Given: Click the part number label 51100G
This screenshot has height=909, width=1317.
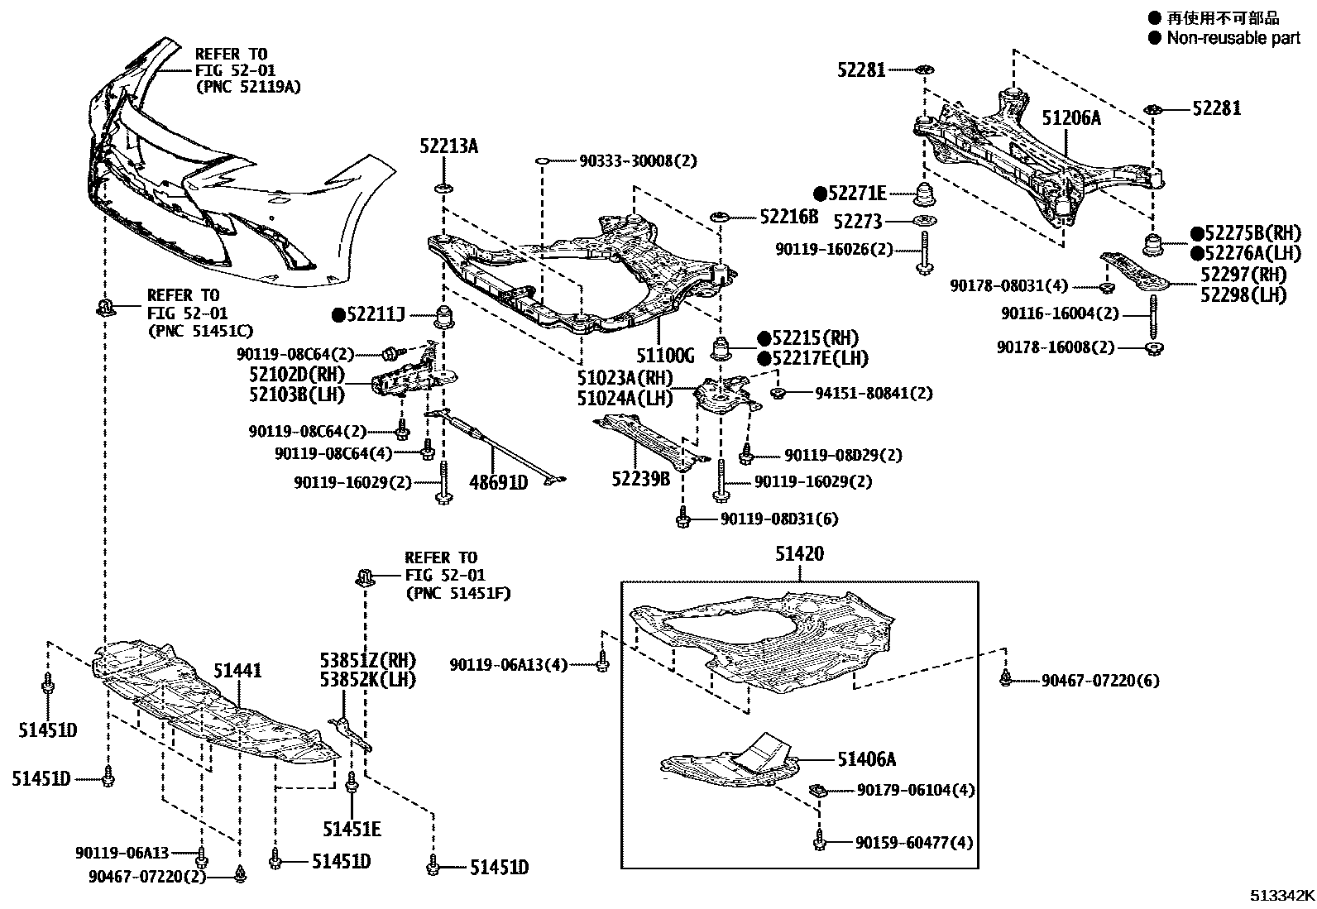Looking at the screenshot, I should point(665,356).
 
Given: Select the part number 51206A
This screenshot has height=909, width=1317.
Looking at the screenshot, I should point(1071,118).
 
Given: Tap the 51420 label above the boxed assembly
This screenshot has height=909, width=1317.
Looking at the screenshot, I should point(799,555).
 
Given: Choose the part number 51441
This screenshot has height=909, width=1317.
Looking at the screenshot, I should point(237,670).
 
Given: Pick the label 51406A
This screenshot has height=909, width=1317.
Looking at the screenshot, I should point(866,759).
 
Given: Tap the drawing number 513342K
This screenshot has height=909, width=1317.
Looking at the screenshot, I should point(1281,896).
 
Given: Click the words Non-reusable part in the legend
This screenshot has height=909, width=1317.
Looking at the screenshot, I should point(1233,38).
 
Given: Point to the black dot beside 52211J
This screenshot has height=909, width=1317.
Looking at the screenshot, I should point(338,314).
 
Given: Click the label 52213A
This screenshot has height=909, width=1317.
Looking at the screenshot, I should point(448,147).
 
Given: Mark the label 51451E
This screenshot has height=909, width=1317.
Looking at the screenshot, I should point(352,829).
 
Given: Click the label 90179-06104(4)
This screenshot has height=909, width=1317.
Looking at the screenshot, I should point(916,791).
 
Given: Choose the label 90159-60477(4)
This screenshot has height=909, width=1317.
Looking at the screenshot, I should point(914,843).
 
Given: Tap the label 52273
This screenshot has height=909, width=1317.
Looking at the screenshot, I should point(858,222).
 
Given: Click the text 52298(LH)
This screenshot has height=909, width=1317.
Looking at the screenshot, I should point(1243,294).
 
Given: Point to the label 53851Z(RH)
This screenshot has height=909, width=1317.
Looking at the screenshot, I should point(367,661).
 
